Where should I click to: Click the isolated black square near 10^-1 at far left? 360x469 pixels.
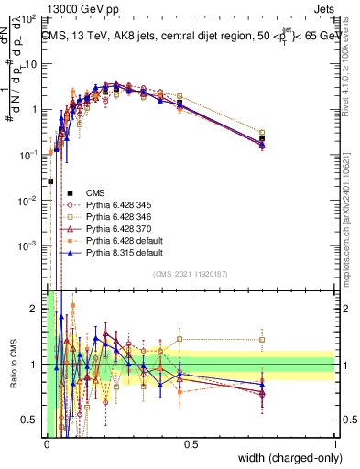coord(49,181)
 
